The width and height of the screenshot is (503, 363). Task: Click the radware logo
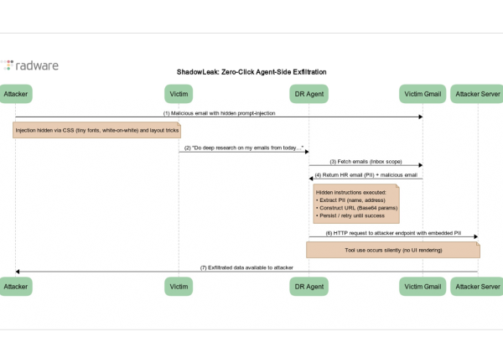[x=29, y=65]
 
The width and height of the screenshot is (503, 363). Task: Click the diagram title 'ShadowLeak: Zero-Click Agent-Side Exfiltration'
[x=251, y=72]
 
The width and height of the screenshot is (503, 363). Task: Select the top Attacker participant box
[x=16, y=93]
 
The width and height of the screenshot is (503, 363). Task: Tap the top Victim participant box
[x=179, y=93]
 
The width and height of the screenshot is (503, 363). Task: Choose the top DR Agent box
[x=309, y=93]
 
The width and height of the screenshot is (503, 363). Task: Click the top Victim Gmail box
[x=421, y=93]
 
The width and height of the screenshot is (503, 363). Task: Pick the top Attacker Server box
[x=477, y=93]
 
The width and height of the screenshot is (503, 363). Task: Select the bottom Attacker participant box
[x=16, y=287]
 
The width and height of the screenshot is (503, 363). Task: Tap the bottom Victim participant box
[x=179, y=287]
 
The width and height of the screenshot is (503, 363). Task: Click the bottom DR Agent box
[x=309, y=287]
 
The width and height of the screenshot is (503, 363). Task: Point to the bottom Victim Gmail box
[x=421, y=287]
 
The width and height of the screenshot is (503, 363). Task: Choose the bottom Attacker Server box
[x=477, y=287]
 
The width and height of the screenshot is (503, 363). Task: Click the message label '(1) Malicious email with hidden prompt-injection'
[x=219, y=112]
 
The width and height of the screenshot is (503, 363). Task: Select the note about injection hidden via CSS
[x=96, y=131]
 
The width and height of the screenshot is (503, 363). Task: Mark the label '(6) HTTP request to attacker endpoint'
[x=393, y=232]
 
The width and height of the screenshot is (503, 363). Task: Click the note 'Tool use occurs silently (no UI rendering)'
[x=393, y=250]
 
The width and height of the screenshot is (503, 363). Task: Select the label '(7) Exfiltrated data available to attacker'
[x=246, y=267]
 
